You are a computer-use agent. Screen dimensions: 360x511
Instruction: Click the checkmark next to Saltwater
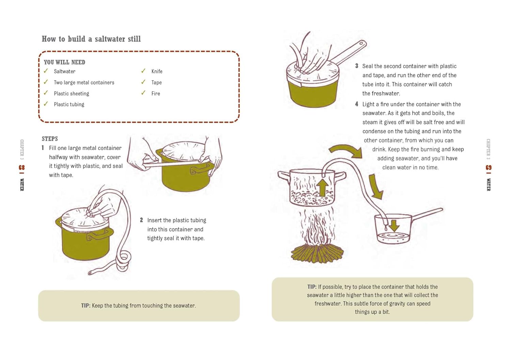46,71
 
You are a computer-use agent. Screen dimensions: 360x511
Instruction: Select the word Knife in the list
157,71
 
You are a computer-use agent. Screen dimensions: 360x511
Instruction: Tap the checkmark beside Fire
143,93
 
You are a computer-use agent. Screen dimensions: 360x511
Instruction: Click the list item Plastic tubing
69,104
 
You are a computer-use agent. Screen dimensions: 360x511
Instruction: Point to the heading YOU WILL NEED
64,62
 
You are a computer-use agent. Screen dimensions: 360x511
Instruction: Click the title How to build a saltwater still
91,39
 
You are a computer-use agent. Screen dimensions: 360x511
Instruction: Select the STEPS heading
50,139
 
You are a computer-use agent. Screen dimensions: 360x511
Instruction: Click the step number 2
141,220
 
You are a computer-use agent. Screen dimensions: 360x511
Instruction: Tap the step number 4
357,104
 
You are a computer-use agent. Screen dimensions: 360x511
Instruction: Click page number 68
22,167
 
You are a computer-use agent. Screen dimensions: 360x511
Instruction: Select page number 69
489,167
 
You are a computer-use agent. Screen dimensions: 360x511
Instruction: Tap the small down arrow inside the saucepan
394,225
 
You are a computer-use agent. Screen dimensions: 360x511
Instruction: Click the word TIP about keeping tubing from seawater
85,305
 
